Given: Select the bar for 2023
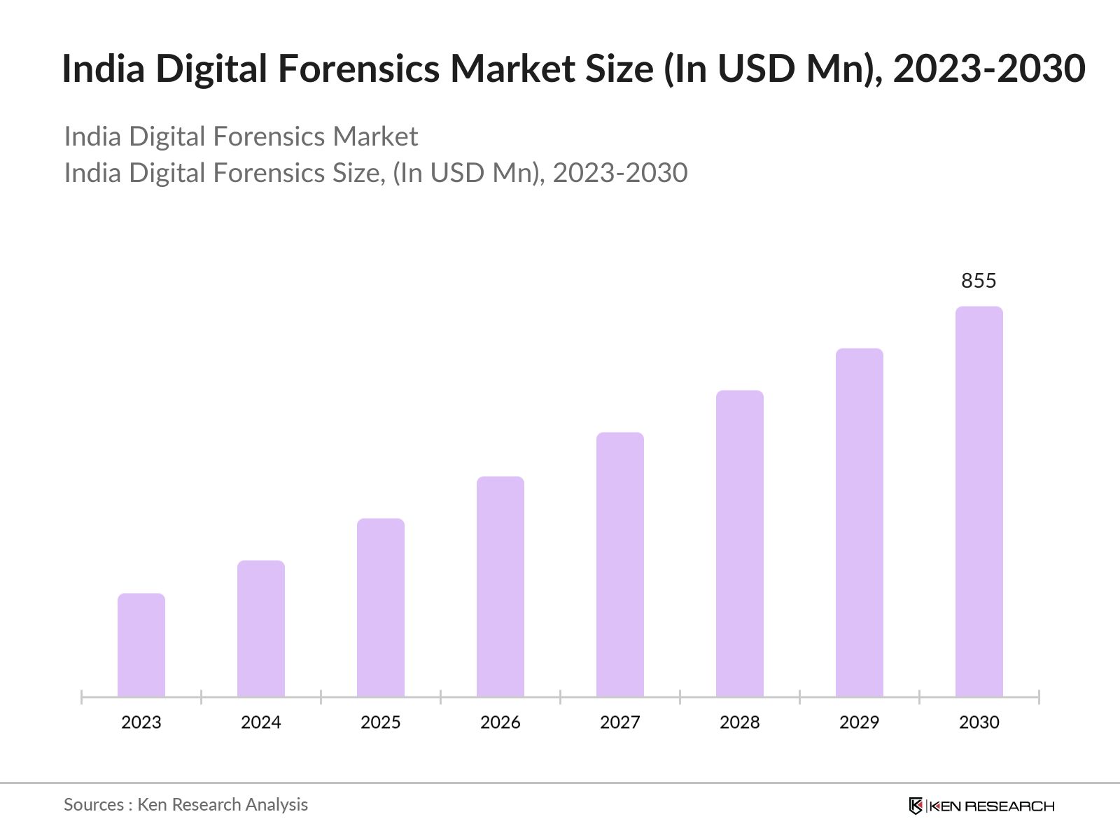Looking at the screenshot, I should (x=141, y=645).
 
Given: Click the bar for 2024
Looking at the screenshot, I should (x=261, y=628).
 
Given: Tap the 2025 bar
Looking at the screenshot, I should (x=381, y=607).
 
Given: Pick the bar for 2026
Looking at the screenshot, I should (x=500, y=586).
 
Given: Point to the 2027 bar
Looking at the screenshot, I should (x=620, y=564).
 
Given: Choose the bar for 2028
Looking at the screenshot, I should (x=740, y=543).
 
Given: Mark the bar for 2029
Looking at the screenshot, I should (x=860, y=522).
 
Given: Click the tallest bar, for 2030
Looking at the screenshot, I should (x=979, y=501).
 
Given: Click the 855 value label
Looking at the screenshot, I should (x=979, y=281).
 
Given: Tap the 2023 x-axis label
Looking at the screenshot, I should (x=141, y=722).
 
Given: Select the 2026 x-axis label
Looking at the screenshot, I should (x=500, y=722).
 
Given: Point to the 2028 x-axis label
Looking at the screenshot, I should (x=740, y=722).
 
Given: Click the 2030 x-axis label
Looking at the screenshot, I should (x=979, y=722).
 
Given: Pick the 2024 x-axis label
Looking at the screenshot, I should (x=261, y=722).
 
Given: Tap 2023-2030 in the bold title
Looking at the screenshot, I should (x=989, y=69).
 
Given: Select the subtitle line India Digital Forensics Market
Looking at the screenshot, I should (x=241, y=136).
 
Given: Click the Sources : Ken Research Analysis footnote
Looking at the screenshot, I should (x=185, y=805).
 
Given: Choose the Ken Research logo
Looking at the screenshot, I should (x=981, y=806).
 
